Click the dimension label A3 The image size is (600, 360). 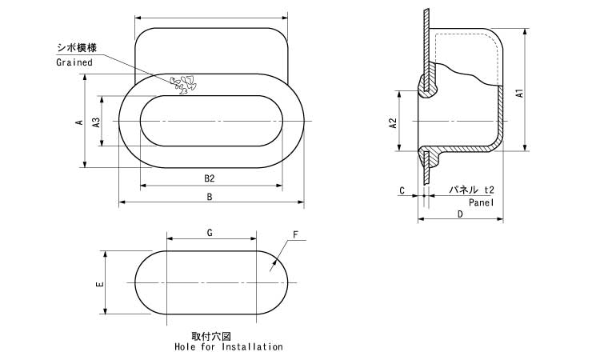click(x=97, y=122)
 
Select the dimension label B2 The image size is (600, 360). click(x=210, y=178)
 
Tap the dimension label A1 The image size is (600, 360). click(x=519, y=94)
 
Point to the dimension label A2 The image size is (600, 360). click(x=393, y=123)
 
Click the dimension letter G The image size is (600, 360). click(x=210, y=233)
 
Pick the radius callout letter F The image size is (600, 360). click(x=295, y=235)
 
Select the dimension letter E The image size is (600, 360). click(x=98, y=284)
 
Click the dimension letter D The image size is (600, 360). click(x=460, y=214)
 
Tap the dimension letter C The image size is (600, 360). click(x=402, y=190)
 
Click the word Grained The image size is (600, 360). click(x=74, y=62)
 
